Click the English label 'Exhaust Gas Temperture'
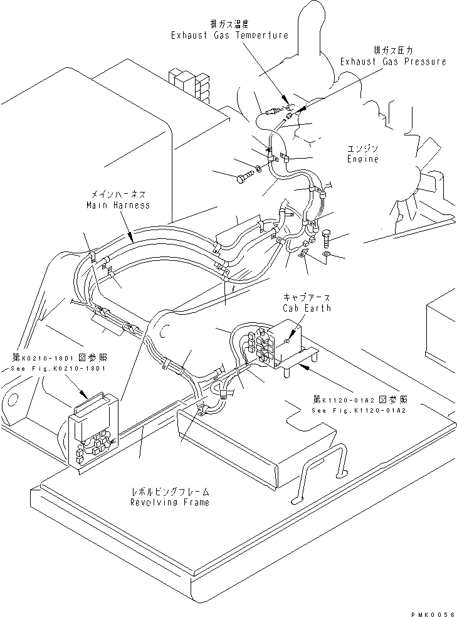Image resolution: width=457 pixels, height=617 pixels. (229, 36)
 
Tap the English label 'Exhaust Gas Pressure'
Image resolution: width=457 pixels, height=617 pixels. (393, 61)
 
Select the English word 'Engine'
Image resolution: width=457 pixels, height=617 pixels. (362, 159)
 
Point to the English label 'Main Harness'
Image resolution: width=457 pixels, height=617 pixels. (118, 206)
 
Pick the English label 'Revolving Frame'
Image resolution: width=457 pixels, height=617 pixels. (169, 503)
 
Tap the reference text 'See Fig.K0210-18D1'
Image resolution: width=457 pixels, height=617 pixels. (60, 368)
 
